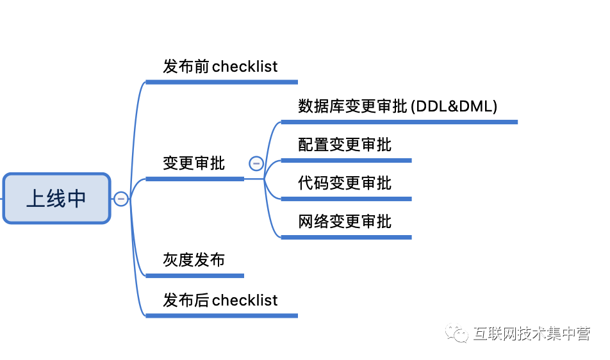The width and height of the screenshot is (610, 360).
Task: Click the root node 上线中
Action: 56,199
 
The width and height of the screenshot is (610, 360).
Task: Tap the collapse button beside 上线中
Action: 120,199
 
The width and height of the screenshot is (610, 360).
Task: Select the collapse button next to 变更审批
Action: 256,163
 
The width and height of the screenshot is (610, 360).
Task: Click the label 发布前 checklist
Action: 220,67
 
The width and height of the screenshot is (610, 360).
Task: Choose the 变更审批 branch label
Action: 194,163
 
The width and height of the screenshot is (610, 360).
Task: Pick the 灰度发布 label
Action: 194,260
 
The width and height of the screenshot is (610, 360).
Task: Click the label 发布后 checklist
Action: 220,300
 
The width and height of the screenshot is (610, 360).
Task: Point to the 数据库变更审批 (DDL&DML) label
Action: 397,106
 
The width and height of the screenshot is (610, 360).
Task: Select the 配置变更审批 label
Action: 345,145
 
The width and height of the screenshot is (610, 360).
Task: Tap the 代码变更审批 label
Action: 345,183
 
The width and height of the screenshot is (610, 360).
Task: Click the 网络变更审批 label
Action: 345,222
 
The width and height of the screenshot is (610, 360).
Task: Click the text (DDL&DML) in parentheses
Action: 454,106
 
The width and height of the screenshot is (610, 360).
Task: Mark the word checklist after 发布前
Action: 245,67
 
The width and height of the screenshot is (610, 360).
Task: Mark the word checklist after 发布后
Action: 245,300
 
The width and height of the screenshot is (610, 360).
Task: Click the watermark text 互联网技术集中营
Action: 531,334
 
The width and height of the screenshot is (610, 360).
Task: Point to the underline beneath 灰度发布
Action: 195,275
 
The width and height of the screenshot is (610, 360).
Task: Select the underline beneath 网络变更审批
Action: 346,237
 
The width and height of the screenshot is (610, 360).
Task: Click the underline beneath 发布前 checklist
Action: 222,82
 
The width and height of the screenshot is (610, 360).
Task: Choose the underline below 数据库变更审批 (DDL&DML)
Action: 399,122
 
